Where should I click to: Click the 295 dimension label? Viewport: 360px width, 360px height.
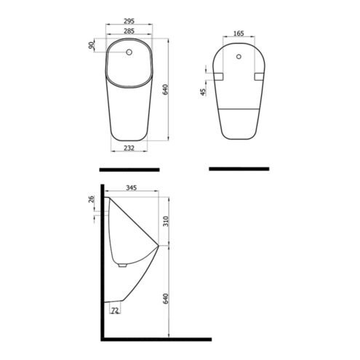click(129, 21)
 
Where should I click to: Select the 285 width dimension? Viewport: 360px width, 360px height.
click(129, 31)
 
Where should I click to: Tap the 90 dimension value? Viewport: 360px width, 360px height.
click(91, 45)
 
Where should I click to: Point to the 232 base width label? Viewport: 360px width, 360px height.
click(129, 148)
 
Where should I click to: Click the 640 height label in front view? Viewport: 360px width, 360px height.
click(165, 89)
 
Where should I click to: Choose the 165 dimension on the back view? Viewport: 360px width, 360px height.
click(239, 33)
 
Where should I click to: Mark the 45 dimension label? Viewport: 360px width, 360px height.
click(203, 92)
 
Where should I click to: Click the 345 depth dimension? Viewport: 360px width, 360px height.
click(132, 188)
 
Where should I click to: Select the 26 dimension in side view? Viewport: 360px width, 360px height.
click(91, 199)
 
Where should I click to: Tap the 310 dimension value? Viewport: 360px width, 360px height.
click(165, 221)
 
